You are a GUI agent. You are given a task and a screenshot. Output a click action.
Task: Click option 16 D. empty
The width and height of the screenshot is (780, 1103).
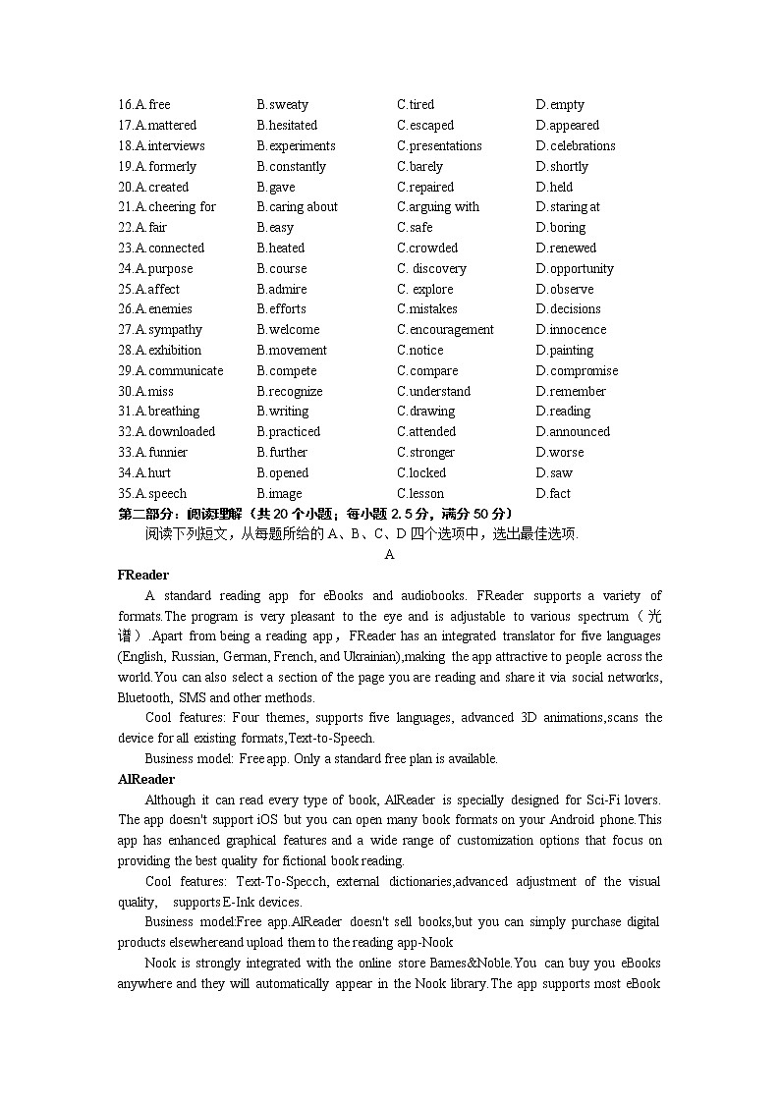[560, 105]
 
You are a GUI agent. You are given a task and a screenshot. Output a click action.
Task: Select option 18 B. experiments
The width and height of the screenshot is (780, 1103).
[296, 146]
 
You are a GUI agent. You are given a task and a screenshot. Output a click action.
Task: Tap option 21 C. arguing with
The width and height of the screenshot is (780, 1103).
[438, 207]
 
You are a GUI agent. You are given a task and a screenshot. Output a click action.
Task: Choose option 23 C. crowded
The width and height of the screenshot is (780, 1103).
[427, 248]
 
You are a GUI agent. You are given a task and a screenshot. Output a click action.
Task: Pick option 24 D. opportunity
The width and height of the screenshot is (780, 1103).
[575, 269]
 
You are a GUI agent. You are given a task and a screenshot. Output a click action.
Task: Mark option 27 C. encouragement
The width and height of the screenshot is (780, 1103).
[445, 330]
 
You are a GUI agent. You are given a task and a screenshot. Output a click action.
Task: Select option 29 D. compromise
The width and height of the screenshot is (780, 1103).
[577, 371]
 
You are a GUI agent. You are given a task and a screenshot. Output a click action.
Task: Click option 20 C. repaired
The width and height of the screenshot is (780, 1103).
[425, 188]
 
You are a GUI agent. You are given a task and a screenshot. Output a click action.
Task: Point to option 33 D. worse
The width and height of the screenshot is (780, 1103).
[560, 453]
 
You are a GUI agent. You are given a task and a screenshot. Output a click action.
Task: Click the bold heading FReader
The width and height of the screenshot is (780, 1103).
[143, 576]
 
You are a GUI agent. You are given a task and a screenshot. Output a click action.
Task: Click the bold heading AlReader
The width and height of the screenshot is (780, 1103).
[146, 780]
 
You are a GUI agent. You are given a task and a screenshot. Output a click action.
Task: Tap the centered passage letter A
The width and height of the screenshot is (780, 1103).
[389, 555]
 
